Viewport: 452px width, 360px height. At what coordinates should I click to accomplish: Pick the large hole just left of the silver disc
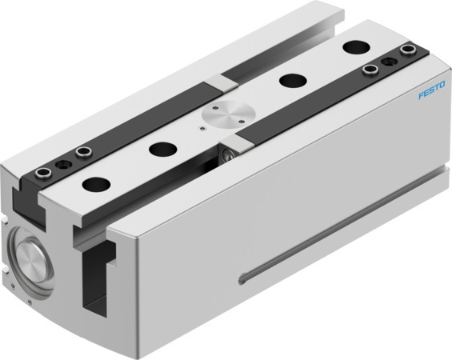point(163,148)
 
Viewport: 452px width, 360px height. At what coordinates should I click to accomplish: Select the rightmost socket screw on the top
point(409,53)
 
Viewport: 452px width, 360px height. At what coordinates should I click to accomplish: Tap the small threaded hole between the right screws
point(390,62)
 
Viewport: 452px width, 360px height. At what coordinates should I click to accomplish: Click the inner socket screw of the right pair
point(369,71)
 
